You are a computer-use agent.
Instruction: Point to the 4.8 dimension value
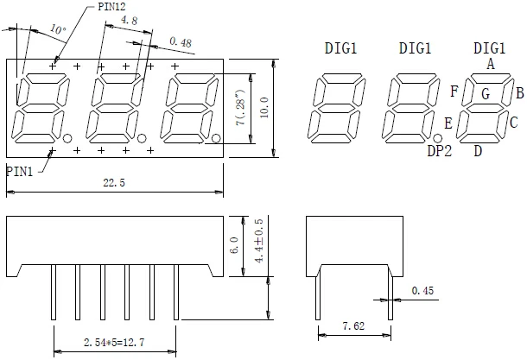128,19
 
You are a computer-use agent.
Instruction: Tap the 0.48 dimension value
181,41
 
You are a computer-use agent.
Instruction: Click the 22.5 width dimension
115,181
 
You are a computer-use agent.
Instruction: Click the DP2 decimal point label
441,152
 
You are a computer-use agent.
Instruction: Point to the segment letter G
486,94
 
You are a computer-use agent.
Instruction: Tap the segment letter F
454,89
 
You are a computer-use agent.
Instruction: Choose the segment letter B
520,93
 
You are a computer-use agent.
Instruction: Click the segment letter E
448,123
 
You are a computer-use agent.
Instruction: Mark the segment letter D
477,152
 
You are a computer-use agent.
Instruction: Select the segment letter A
490,63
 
